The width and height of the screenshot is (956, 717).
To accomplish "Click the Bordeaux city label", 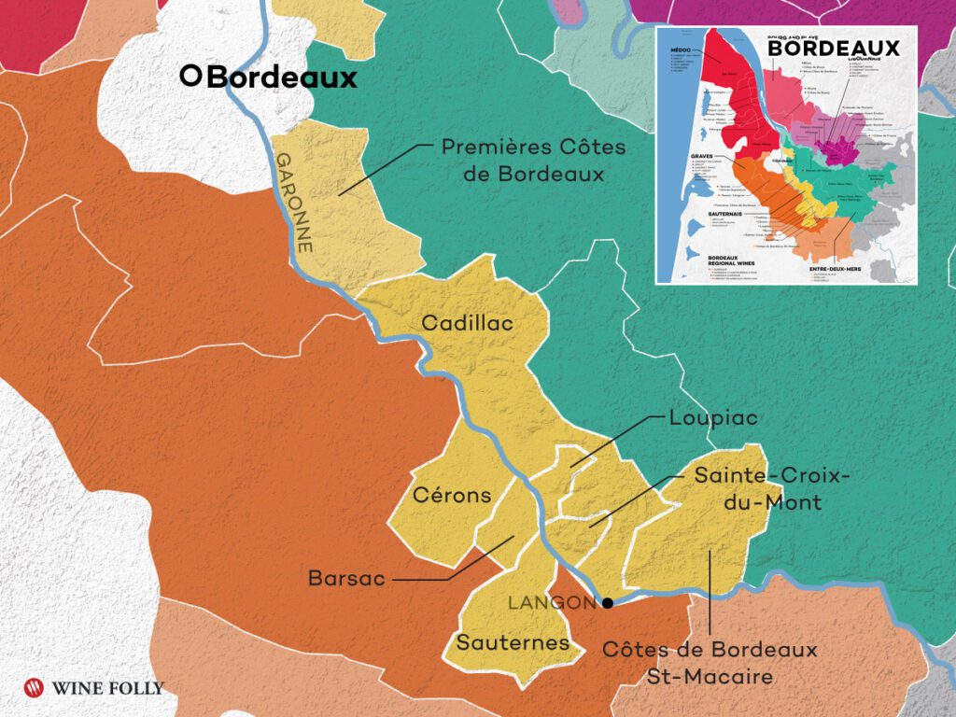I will click(x=280, y=77).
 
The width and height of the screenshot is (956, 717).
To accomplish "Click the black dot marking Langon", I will click(x=608, y=603).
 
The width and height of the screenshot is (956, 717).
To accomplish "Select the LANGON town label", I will click(x=551, y=603).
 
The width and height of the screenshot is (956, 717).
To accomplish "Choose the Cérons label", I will click(x=451, y=496).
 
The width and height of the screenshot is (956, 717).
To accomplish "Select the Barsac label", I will click(x=346, y=579).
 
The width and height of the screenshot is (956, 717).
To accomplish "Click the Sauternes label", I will click(x=513, y=642).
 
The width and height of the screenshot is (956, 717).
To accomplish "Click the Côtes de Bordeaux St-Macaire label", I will click(x=710, y=662).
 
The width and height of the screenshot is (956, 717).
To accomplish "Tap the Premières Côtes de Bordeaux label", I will click(x=533, y=161).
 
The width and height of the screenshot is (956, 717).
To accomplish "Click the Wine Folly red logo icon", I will click(x=35, y=688).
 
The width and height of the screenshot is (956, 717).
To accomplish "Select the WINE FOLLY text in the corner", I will click(x=108, y=689).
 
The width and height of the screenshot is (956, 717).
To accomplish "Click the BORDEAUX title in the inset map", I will click(x=833, y=49).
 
